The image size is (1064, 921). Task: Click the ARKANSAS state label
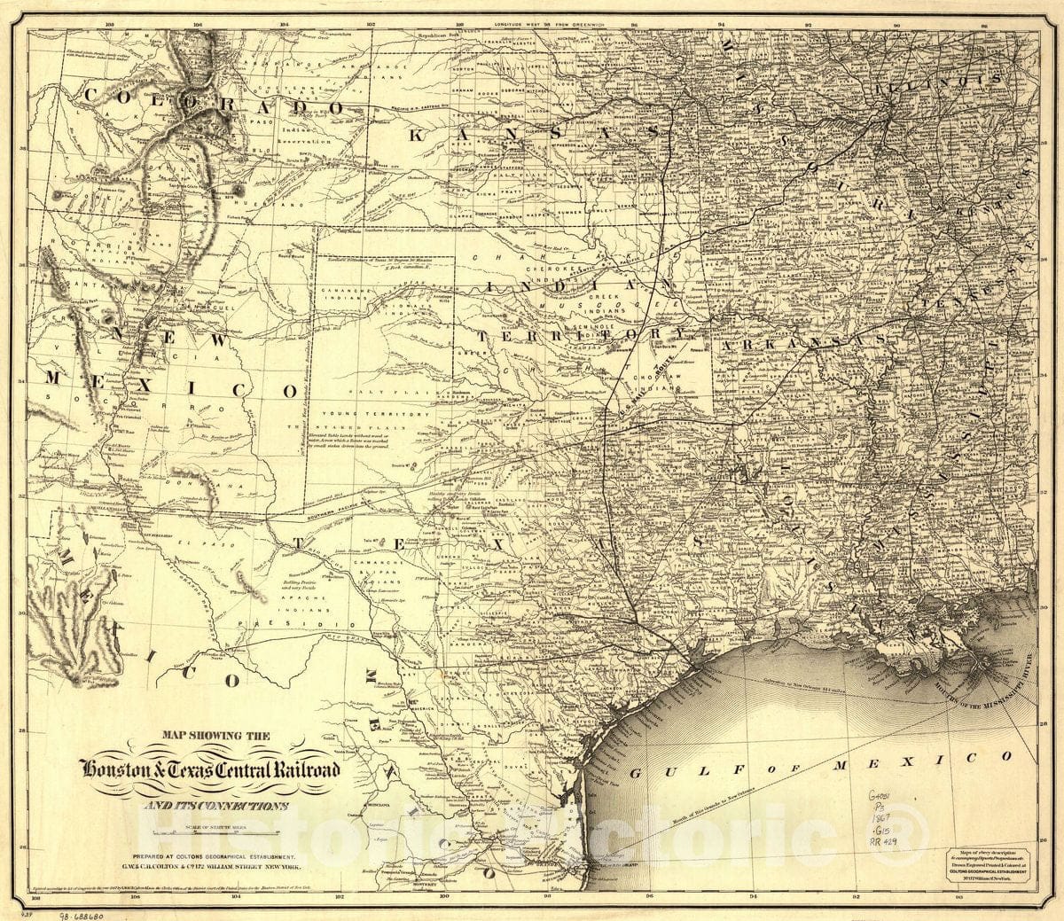803,340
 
